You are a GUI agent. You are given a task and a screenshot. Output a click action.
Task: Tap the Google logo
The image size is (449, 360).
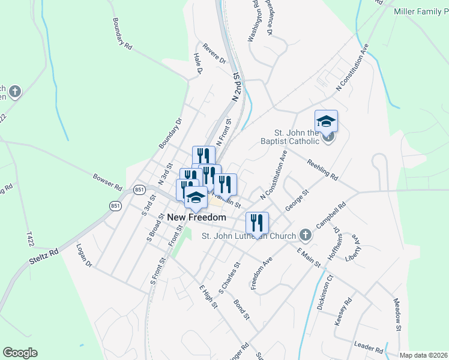(x=20, y=353)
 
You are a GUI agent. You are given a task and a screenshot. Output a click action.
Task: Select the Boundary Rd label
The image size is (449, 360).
(x=121, y=32)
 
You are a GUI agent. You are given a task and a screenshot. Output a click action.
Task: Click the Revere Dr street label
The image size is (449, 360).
(x=214, y=53)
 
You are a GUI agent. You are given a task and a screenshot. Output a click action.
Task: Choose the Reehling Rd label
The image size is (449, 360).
(x=323, y=170)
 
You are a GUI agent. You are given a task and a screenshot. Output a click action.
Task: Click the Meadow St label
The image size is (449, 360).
(x=397, y=315)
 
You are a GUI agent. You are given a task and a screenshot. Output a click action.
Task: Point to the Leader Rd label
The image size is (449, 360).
(x=369, y=347)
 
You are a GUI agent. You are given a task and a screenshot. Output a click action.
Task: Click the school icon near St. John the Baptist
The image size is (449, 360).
(x=326, y=121)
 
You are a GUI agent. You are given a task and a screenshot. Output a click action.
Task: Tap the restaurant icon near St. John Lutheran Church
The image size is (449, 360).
(x=257, y=223)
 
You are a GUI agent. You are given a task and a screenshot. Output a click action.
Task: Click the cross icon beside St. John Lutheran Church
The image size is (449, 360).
(x=306, y=235)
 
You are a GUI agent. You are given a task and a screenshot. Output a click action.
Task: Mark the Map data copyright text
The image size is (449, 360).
(x=423, y=355)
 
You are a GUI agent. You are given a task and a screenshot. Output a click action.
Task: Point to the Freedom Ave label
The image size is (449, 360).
(x=262, y=274)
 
